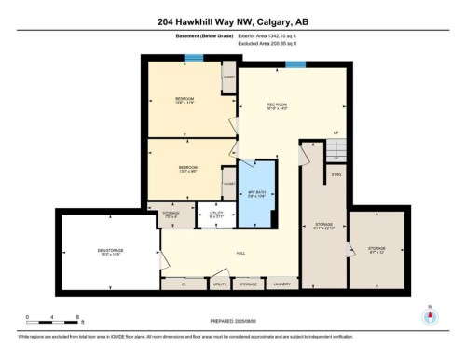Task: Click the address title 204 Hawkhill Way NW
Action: pyautogui.click(x=232, y=21)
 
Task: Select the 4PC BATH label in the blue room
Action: pyautogui.click(x=256, y=194)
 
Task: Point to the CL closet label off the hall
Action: pyautogui.click(x=184, y=283)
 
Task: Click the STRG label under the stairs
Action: pyautogui.click(x=336, y=173)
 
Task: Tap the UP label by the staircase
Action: pyautogui.click(x=336, y=133)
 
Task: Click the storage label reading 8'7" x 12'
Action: pyautogui.click(x=376, y=249)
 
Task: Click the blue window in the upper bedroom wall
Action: pyautogui.click(x=193, y=59)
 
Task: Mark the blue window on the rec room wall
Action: pyautogui.click(x=295, y=64)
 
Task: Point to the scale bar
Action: pyautogui.click(x=54, y=321)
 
